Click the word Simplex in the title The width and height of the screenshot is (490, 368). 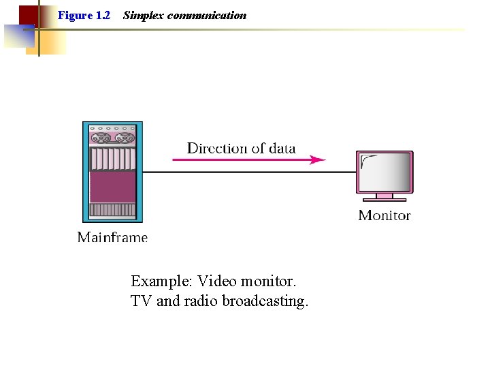(144, 15)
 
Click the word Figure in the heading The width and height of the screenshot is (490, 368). (74, 15)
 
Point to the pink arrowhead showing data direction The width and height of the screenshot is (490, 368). (318, 160)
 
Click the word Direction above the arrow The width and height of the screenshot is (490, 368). (216, 148)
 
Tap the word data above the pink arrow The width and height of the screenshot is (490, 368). (280, 148)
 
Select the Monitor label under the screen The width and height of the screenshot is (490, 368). (385, 215)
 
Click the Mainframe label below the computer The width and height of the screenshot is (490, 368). (112, 236)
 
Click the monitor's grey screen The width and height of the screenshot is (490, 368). (385, 173)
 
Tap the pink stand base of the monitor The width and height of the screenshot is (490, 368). (385, 199)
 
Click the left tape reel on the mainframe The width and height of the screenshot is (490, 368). (102, 138)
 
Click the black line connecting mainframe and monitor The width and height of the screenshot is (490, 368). (245, 172)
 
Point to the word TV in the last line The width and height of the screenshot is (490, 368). (141, 301)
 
